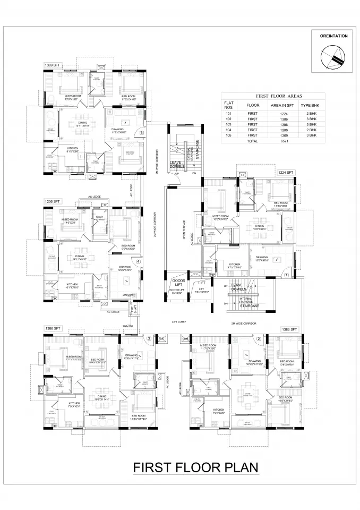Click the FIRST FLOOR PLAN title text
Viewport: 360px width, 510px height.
click(x=195, y=467)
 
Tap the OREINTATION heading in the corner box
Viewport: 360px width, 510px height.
click(x=333, y=36)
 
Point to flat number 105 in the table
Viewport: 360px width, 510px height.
click(x=229, y=136)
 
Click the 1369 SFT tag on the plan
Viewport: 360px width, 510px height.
click(x=53, y=65)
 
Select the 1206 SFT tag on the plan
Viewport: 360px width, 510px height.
click(x=53, y=202)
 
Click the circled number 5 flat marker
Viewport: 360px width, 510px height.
click(x=141, y=132)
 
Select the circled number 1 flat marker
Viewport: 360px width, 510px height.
click(x=286, y=275)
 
